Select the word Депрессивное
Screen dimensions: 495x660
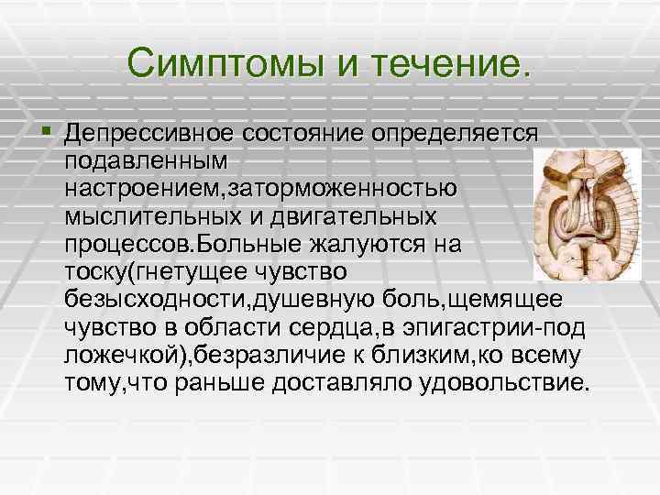click(x=150, y=134)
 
